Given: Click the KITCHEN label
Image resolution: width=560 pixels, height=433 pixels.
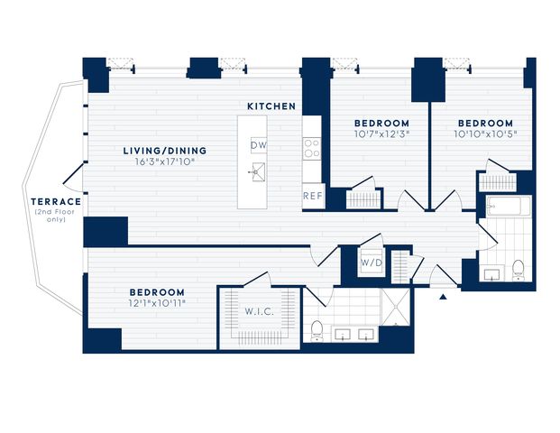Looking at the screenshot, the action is click(x=271, y=106).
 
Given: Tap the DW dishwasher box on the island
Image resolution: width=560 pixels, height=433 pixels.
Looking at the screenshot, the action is click(x=259, y=145).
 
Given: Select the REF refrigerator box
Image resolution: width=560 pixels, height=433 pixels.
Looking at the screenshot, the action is click(x=313, y=196).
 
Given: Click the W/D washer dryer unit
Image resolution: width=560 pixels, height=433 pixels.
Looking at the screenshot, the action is click(x=372, y=263).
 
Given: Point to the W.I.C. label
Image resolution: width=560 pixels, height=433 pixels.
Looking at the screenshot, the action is click(x=260, y=311).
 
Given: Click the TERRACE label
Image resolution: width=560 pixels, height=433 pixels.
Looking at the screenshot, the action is click(x=56, y=201).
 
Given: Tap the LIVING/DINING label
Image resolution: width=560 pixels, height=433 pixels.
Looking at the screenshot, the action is click(x=165, y=151).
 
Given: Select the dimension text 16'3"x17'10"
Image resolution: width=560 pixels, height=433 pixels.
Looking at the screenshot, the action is click(x=165, y=161).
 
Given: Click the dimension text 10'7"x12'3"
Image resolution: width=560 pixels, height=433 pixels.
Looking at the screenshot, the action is click(x=381, y=134).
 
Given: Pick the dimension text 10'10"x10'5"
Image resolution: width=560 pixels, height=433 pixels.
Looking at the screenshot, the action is click(x=486, y=134).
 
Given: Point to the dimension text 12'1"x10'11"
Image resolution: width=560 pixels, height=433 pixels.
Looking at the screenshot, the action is click(x=157, y=303).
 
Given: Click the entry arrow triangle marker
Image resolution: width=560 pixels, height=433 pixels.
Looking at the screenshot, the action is click(x=443, y=297).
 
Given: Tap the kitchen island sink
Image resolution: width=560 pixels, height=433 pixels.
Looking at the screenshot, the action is click(x=258, y=172).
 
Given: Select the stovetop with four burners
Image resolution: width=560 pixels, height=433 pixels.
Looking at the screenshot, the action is click(x=312, y=148).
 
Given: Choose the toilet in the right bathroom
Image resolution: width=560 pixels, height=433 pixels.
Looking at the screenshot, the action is click(x=518, y=271).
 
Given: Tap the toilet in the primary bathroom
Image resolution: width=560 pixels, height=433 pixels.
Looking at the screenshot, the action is click(x=317, y=331).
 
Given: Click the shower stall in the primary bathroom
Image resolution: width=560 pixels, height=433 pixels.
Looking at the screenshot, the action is click(x=396, y=307).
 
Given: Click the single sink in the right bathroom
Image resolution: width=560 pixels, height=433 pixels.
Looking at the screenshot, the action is click(x=491, y=273).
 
